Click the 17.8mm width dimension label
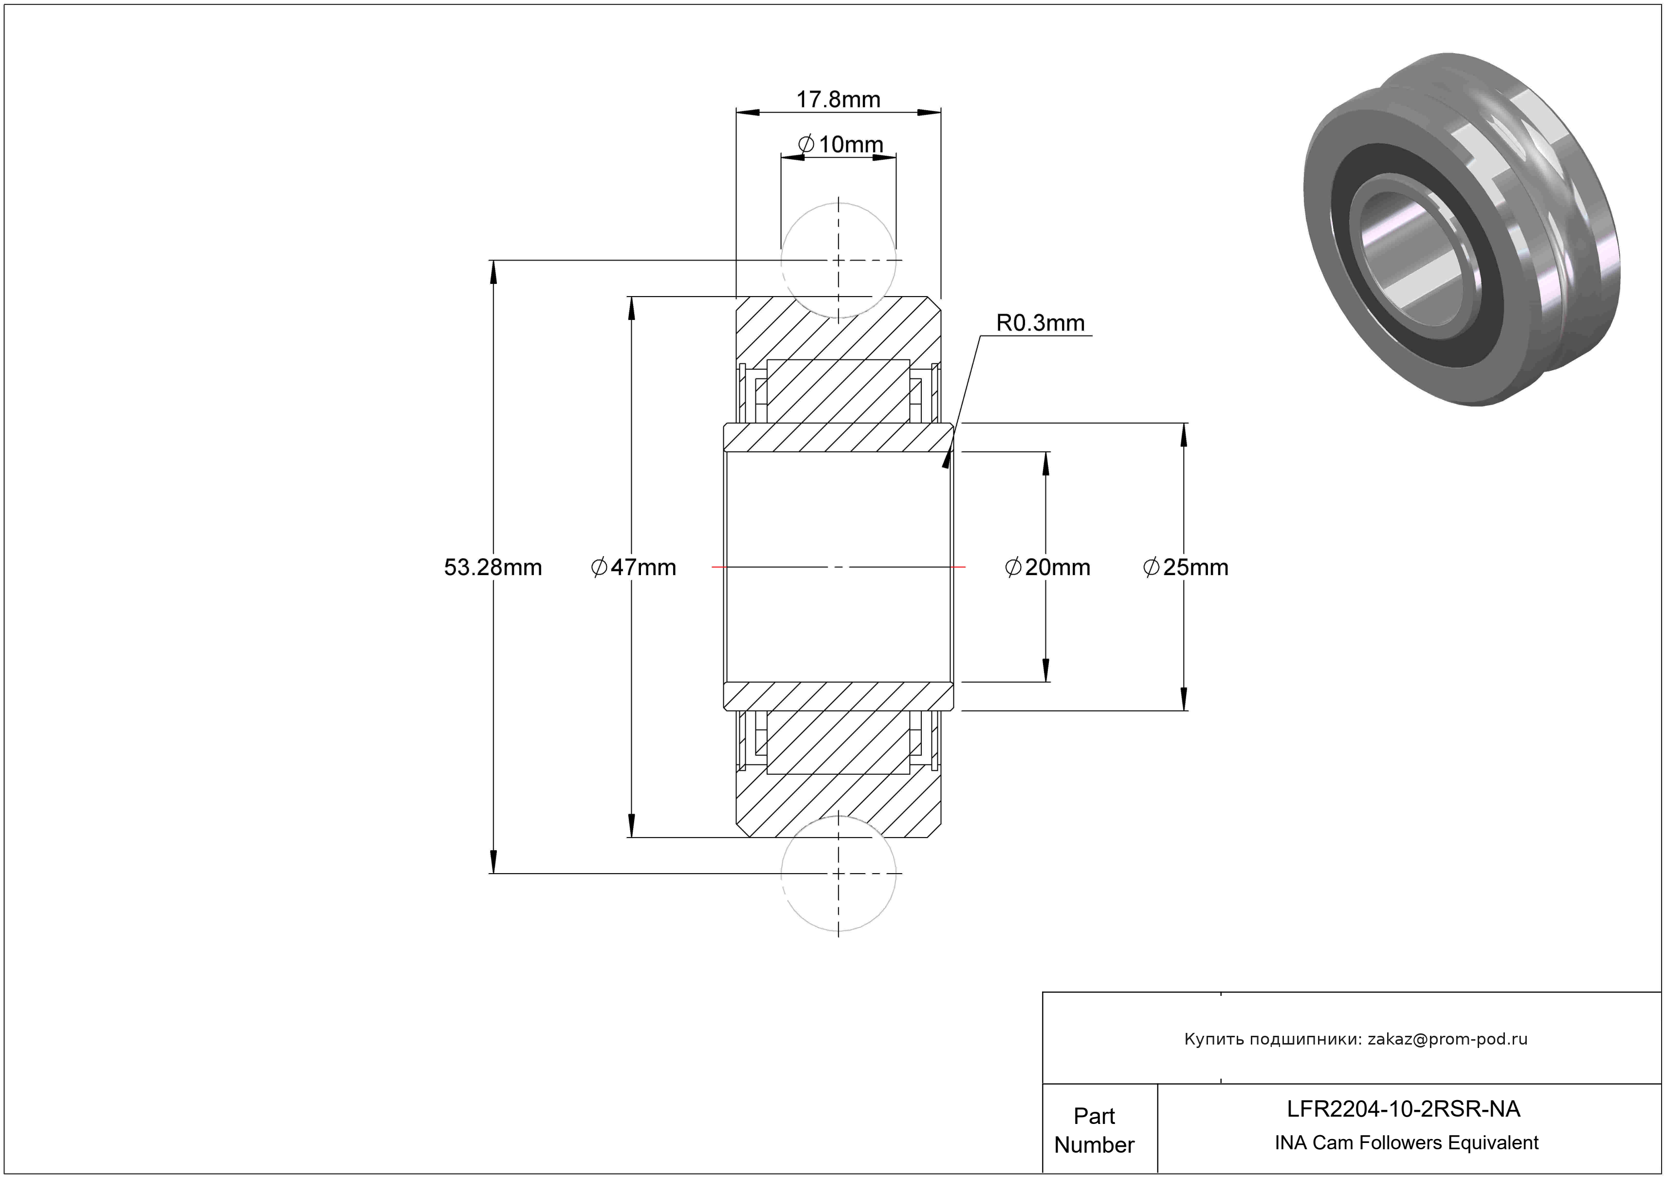point(838,99)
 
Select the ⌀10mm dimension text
point(840,145)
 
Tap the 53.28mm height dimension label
point(493,567)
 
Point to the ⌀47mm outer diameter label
point(634,567)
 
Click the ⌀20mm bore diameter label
point(1047,567)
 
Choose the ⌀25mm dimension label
point(1186,567)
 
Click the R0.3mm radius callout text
point(1040,323)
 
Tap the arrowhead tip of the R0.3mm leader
point(944,468)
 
